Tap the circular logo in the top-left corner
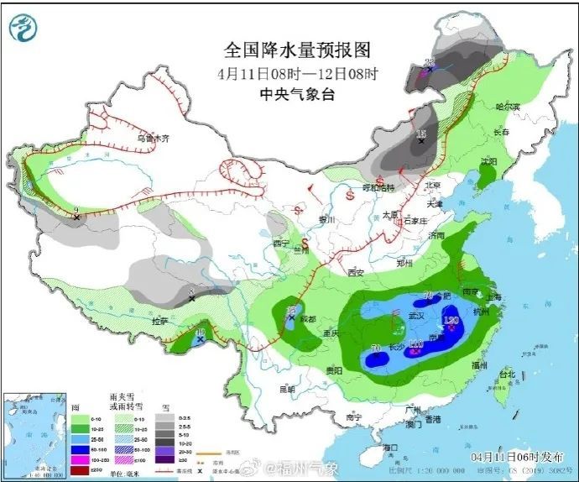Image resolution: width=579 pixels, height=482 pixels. (x=24, y=29)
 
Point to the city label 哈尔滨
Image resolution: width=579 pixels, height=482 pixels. (x=508, y=107)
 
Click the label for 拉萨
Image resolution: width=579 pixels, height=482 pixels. (x=159, y=321)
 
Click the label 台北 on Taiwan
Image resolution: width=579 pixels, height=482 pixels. (x=507, y=374)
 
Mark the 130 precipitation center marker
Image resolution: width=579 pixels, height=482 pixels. (x=451, y=322)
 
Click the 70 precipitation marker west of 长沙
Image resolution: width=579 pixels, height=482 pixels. (x=377, y=349)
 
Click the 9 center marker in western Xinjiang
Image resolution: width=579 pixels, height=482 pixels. (x=76, y=213)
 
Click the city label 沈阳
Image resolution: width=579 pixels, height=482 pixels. (x=488, y=161)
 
